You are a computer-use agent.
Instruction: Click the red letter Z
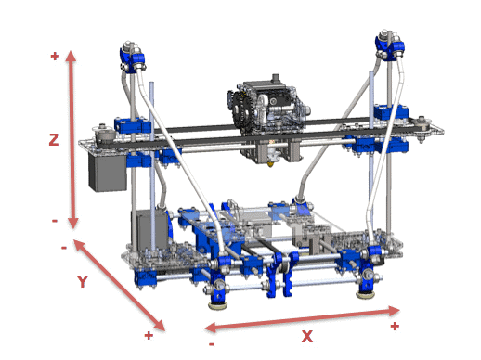tap(55, 140)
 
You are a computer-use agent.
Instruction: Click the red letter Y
tap(82, 281)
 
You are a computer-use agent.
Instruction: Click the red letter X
tap(306, 337)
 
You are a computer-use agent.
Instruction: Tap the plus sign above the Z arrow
tap(55, 56)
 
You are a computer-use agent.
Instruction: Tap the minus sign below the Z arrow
tap(55, 221)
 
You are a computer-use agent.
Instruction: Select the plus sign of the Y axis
tap(149, 334)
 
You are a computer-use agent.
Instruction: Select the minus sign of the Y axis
tap(63, 247)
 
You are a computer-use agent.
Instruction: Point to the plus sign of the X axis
tap(395, 326)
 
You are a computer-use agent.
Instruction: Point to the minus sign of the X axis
tap(212, 343)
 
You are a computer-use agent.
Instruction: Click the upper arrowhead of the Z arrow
tap(73, 57)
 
